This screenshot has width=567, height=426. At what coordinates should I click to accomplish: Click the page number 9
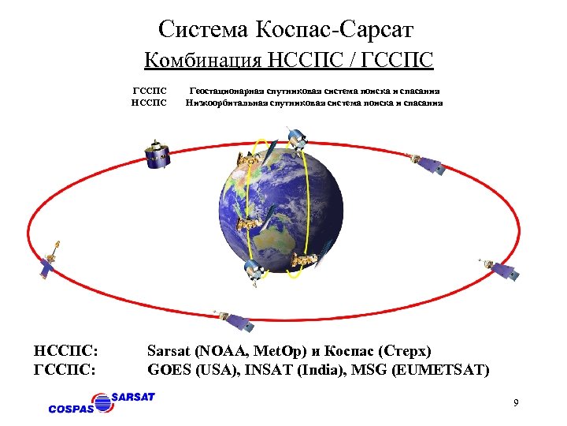515,404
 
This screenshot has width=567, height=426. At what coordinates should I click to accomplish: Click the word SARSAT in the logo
133,396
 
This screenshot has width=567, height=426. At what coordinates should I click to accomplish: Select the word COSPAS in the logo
71,409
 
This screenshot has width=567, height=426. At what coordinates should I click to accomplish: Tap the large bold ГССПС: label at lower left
66,368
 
